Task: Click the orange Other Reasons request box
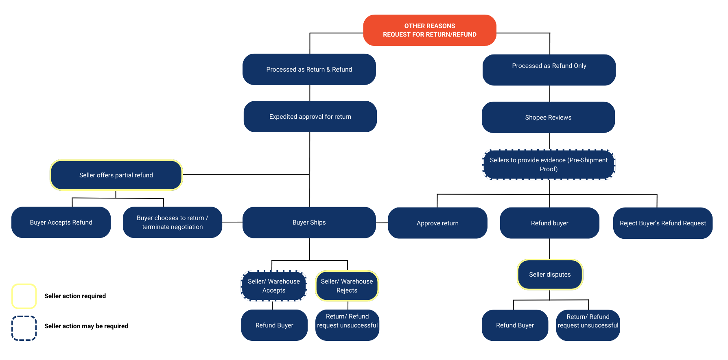click(429, 30)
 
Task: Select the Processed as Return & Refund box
click(309, 70)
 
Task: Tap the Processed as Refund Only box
click(549, 70)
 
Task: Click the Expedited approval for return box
click(310, 117)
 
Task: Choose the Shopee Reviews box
click(548, 118)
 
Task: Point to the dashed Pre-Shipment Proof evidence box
click(548, 165)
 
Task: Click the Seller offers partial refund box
click(116, 175)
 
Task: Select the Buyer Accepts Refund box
click(61, 223)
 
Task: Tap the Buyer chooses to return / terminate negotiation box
click(172, 223)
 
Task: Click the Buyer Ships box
click(309, 223)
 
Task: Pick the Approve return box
click(437, 223)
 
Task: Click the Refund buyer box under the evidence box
click(549, 223)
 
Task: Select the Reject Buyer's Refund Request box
click(662, 223)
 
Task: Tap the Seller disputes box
click(550, 275)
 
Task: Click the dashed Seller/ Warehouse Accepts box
click(273, 286)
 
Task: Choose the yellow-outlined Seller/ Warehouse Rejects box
click(347, 286)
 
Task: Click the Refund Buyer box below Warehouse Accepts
click(274, 325)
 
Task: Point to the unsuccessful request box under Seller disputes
click(588, 325)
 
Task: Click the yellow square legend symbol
click(24, 296)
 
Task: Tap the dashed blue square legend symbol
click(24, 328)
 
